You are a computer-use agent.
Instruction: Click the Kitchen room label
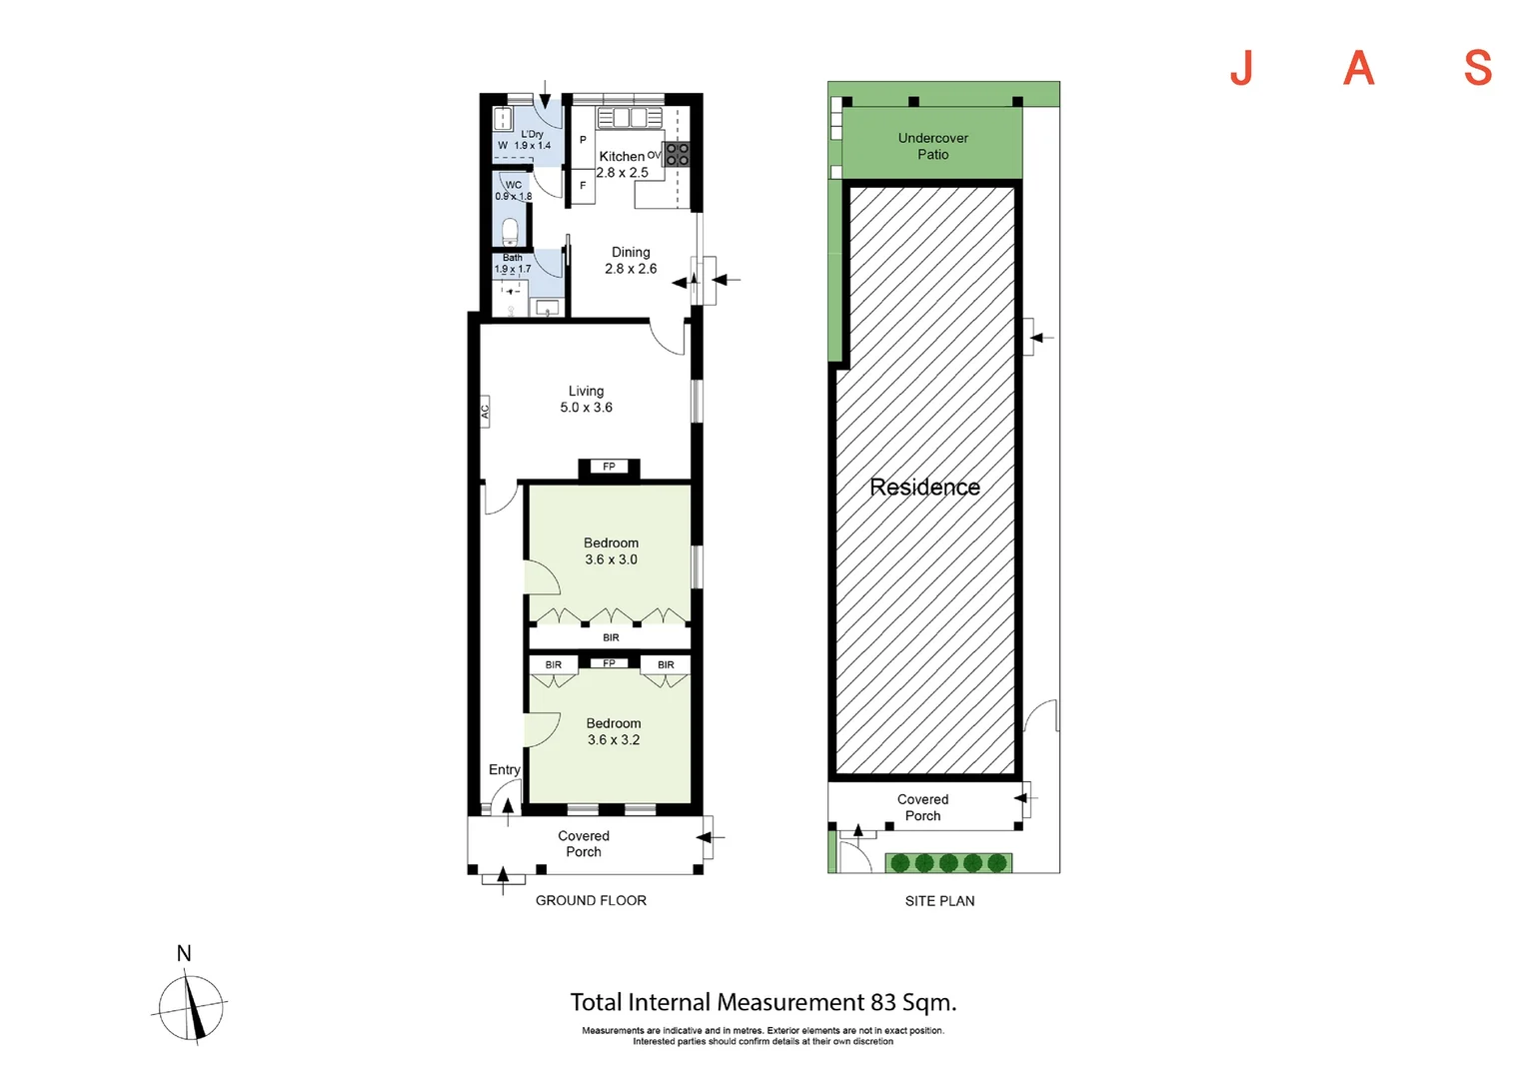click(x=621, y=156)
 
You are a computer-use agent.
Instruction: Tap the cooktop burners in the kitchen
click(x=677, y=154)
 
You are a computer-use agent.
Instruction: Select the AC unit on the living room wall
click(x=485, y=412)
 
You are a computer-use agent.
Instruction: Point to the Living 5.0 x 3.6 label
click(x=587, y=399)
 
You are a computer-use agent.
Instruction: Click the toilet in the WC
click(x=510, y=232)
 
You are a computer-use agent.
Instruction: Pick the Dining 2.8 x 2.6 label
click(x=631, y=261)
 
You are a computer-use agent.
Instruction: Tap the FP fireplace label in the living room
click(x=609, y=467)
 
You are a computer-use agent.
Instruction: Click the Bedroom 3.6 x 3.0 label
click(x=611, y=550)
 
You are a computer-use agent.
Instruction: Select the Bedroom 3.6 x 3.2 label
click(x=614, y=731)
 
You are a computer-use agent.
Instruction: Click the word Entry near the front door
click(x=505, y=769)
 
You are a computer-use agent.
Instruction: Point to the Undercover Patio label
click(x=932, y=146)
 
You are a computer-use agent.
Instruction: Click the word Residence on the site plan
click(x=925, y=487)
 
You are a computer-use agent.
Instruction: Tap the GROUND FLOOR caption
click(x=591, y=900)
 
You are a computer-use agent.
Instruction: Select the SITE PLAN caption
click(x=939, y=901)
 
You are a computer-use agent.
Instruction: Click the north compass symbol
click(x=190, y=1008)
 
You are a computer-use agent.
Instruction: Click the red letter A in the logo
click(x=1358, y=68)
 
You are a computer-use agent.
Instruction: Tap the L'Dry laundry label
click(x=532, y=134)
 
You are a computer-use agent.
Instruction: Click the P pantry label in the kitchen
click(x=583, y=140)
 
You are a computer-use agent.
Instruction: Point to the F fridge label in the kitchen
click(x=583, y=186)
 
